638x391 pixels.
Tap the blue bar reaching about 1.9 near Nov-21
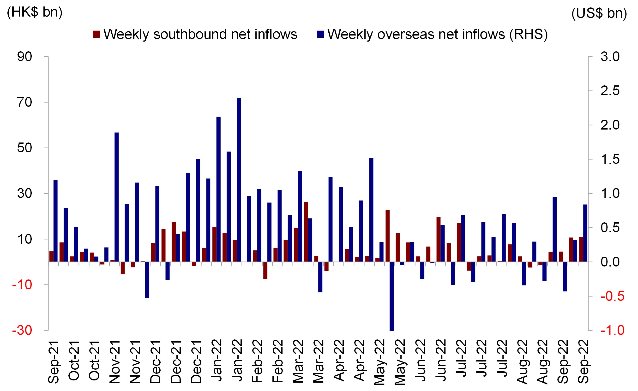point(116,197)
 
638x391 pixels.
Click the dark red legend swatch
point(96,34)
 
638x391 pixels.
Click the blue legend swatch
point(320,34)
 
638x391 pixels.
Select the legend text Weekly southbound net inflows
point(200,34)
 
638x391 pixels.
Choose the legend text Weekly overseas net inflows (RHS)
point(437,34)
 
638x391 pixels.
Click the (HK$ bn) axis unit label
point(35,12)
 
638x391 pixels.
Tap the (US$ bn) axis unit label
point(599,13)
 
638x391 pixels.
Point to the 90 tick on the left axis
point(24,57)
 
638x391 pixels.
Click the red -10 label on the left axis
point(22,285)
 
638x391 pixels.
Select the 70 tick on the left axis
point(24,102)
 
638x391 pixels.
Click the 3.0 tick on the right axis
point(610,57)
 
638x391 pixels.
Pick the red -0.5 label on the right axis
point(612,296)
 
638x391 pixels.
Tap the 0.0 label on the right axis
point(610,262)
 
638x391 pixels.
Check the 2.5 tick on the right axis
point(610,91)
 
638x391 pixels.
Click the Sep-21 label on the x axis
point(54,362)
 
